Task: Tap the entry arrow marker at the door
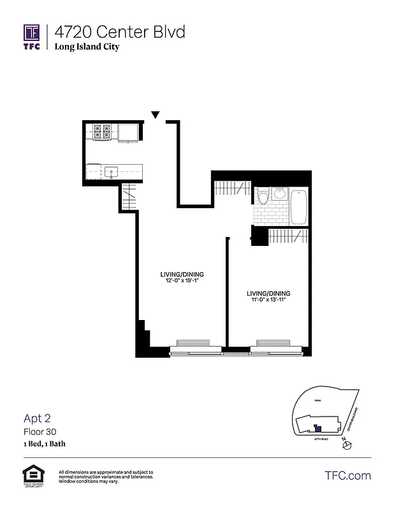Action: click(155, 116)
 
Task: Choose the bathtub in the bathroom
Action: click(299, 206)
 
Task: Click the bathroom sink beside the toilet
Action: click(280, 194)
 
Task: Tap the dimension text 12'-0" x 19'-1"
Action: click(182, 280)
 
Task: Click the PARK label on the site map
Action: click(316, 399)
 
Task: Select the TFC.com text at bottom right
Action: click(347, 476)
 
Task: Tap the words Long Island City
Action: click(87, 47)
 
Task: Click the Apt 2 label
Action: click(37, 418)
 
